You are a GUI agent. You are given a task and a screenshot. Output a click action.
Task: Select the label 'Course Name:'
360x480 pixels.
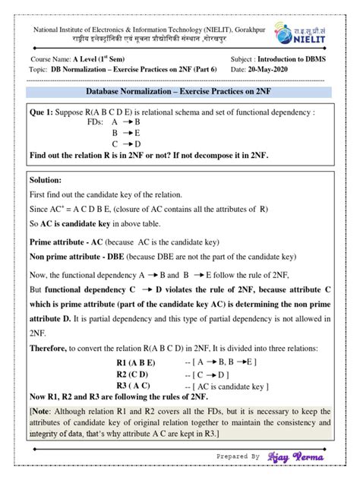pos(51,58)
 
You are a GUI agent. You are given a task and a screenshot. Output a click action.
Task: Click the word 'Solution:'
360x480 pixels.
pos(49,181)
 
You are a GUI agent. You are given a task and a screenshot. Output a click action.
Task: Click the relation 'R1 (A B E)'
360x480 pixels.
pos(136,362)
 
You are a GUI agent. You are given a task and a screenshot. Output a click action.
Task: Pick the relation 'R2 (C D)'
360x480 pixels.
pos(133,374)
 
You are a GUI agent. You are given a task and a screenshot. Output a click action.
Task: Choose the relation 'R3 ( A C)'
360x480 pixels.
pos(134,387)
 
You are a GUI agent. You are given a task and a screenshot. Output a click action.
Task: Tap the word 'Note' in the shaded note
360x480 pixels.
pos(43,411)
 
